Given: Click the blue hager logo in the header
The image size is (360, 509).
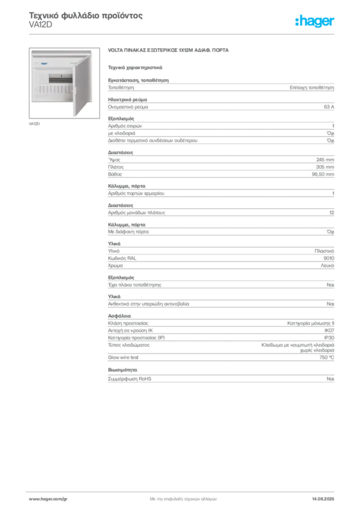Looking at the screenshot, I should (315, 21).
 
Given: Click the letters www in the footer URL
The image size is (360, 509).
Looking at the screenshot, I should (34, 498).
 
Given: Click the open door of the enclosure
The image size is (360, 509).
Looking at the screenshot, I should (82, 82).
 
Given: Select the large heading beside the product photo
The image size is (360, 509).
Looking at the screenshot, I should (169, 51).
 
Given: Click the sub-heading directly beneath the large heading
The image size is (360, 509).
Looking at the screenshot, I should (135, 67).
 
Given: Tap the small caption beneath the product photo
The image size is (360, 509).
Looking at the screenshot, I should (35, 123).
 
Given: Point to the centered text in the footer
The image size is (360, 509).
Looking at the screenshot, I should (182, 497).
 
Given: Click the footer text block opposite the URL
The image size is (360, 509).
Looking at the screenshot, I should (326, 497).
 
